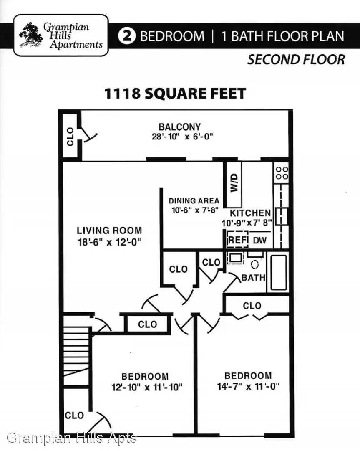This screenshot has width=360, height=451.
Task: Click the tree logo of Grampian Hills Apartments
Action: coord(31,35)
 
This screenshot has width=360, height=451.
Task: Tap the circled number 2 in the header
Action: coord(127,36)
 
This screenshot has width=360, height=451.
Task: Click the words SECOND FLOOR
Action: coord(296,60)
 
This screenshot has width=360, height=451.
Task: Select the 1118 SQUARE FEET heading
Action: coord(175,94)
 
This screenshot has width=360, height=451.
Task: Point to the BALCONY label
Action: coord(179,127)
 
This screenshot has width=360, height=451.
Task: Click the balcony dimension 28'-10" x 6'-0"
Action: coord(182,136)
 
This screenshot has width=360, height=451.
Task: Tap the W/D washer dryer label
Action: coord(234,182)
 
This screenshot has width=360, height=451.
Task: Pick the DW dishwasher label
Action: coord(260,240)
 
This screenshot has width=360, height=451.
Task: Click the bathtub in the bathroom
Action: coord(278,272)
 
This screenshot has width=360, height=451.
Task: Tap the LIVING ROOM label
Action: coord(109,231)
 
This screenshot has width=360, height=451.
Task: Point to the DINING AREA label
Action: coord(194,201)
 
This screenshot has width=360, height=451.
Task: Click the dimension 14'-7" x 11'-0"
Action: coord(248,386)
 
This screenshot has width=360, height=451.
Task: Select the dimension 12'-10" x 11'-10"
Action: coord(147,387)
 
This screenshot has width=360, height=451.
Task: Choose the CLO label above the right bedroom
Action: coord(252,305)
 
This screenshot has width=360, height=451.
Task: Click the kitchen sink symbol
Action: coord(282,216)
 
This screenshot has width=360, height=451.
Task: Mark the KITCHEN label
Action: coord(251,213)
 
